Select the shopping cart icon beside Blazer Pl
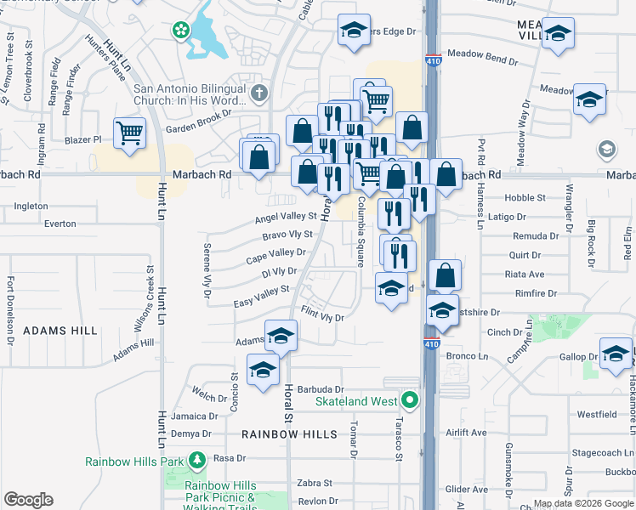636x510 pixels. tap(130, 133)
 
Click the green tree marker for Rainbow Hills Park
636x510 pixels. tap(197, 461)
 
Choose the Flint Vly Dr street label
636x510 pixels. tap(322, 317)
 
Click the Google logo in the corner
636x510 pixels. tap(28, 500)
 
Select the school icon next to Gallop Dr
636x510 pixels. tap(616, 354)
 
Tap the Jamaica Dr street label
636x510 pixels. tap(189, 416)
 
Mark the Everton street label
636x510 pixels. tap(60, 224)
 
